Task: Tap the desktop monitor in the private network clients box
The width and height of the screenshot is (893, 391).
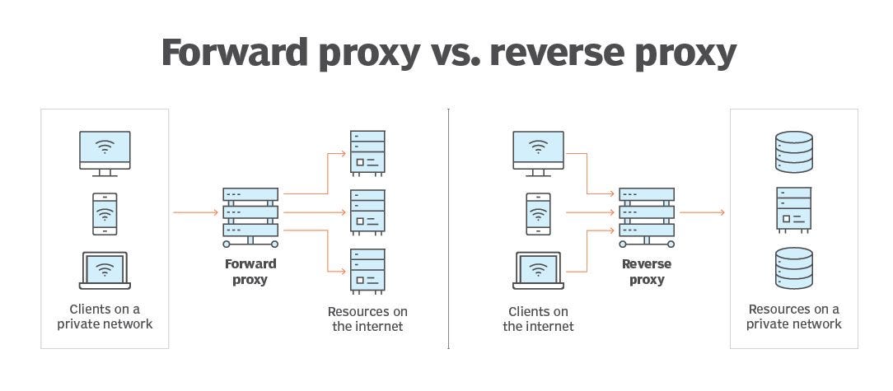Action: click(105, 153)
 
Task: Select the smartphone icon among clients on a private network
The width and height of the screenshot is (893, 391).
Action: click(105, 214)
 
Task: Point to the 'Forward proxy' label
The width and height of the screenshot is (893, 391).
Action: click(250, 272)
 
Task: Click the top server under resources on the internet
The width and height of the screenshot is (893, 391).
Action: click(367, 152)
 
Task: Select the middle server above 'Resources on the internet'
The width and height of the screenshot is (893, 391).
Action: click(367, 212)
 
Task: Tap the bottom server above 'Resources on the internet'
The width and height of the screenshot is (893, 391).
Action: click(367, 271)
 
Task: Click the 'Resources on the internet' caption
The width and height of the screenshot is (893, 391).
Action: click(367, 319)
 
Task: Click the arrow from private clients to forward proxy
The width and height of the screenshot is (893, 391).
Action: click(195, 213)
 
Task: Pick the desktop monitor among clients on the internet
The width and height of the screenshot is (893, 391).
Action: click(538, 153)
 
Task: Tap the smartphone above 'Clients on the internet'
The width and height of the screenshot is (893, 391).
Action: click(538, 214)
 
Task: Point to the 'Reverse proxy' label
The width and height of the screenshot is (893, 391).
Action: click(647, 272)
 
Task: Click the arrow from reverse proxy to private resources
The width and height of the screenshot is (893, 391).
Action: click(702, 213)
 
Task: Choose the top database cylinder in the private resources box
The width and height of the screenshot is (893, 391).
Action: click(793, 151)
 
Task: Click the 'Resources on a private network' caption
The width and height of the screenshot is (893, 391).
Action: click(793, 317)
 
